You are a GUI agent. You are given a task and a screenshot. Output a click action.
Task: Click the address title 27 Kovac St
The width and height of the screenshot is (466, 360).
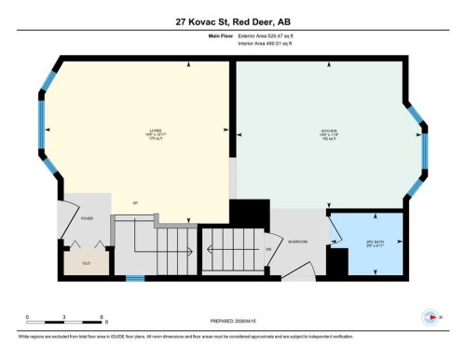tap(233, 21)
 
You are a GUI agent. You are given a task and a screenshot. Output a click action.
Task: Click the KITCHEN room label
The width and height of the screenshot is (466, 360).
tap(329, 130)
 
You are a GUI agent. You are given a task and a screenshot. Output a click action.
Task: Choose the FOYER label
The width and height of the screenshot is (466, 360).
tap(87, 218)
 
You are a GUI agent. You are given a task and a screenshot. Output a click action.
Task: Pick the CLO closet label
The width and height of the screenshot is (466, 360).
tap(86, 262)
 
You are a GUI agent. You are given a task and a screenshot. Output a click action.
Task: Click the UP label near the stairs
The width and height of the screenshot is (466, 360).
tap(135, 202)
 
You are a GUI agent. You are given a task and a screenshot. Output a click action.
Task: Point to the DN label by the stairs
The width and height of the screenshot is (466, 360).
tap(268, 249)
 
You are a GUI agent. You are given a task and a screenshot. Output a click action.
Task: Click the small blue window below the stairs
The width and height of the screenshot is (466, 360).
tap(135, 278)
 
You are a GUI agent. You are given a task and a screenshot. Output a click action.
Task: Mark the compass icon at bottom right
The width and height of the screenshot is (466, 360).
tap(431, 315)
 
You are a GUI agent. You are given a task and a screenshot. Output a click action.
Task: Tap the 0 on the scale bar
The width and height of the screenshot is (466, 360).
tap(27, 317)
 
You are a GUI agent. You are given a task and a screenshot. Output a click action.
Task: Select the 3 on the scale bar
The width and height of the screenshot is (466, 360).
tap(62, 317)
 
